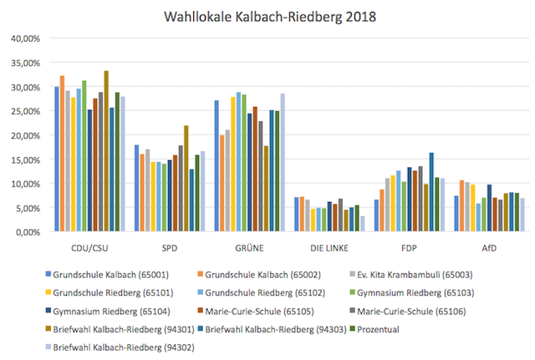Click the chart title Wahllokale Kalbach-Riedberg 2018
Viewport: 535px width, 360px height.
tap(267, 17)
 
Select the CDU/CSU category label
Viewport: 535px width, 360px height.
tap(89, 249)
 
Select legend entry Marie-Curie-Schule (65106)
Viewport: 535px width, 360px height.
tap(415, 308)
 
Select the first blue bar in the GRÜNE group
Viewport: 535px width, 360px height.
tap(217, 166)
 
